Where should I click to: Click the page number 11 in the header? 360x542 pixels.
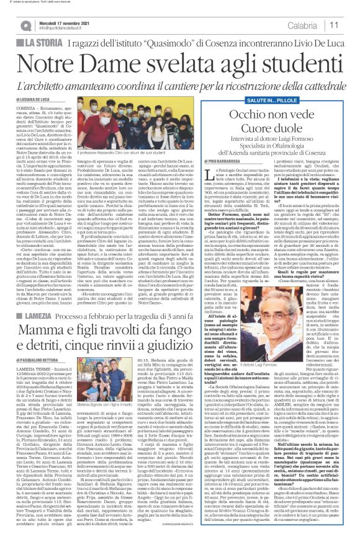[350, 25]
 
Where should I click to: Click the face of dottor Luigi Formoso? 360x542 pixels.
[316, 270]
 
